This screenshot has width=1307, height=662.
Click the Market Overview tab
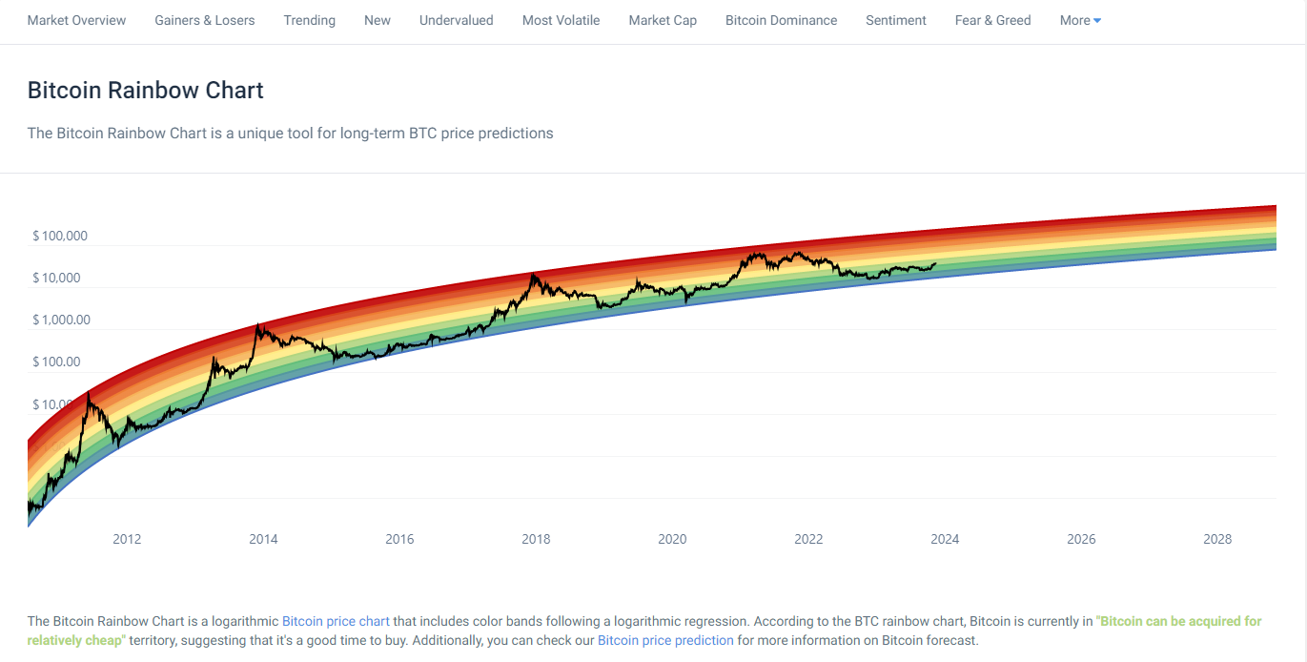coord(76,20)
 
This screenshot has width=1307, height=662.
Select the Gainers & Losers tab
coord(204,20)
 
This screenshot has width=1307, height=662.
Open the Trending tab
coord(309,20)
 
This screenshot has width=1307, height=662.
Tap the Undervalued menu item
coord(456,20)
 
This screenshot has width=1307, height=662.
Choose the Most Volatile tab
coord(561,20)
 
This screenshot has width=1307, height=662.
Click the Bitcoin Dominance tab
coord(781,20)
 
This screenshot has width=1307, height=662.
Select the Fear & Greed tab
coord(992,20)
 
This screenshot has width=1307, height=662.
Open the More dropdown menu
coord(1079,20)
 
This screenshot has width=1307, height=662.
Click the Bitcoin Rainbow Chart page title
coord(145,91)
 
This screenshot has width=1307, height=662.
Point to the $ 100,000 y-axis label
coord(59,236)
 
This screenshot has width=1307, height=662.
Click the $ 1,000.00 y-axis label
coord(61,320)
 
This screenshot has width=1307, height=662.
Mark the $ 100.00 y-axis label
coord(56,362)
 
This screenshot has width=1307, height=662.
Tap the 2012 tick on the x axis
coord(127,539)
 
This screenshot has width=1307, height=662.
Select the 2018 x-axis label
coord(536,539)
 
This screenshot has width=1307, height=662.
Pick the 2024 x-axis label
coord(945,539)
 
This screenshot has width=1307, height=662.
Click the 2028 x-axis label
coord(1217,539)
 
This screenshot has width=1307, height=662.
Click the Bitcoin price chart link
coord(336,621)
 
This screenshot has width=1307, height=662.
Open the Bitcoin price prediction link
coord(665,640)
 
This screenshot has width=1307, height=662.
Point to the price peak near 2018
coord(534,275)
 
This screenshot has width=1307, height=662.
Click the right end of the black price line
coord(935,263)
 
